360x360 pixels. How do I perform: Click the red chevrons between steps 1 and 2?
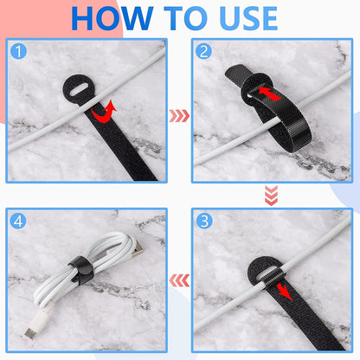[179, 112]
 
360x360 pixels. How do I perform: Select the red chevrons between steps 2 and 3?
[271, 196]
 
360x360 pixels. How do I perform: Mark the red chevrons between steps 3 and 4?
[179, 280]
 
